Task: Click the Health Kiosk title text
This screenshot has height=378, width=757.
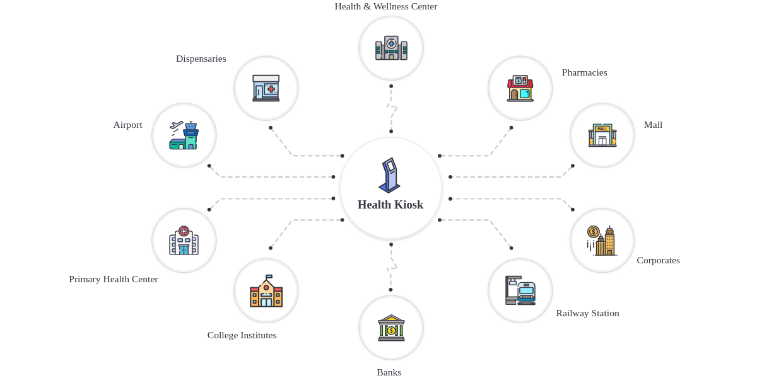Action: [390, 205]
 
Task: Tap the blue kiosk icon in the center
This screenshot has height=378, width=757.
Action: [390, 175]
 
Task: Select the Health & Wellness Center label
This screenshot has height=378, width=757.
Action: [385, 6]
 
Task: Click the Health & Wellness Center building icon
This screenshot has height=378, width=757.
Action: [391, 48]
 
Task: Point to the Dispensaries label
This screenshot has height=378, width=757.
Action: [201, 59]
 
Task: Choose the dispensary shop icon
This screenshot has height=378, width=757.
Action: [266, 88]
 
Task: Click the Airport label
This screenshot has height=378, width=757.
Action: [127, 125]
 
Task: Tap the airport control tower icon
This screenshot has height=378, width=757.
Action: [184, 135]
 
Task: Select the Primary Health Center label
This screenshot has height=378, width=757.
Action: [114, 279]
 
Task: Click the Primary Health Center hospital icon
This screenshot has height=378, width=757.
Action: [184, 241]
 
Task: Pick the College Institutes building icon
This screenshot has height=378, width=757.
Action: [266, 291]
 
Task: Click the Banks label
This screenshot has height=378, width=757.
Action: [389, 372]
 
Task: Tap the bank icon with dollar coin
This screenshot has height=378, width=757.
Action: [391, 328]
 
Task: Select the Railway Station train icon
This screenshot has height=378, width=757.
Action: [520, 290]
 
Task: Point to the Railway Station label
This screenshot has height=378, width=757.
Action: [587, 313]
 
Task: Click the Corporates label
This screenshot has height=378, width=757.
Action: [658, 260]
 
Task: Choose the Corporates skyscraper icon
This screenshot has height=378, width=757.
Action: [602, 241]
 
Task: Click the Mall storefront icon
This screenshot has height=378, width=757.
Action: [602, 135]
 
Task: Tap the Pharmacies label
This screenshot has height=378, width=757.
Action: [584, 72]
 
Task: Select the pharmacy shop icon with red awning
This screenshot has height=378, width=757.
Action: [520, 88]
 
